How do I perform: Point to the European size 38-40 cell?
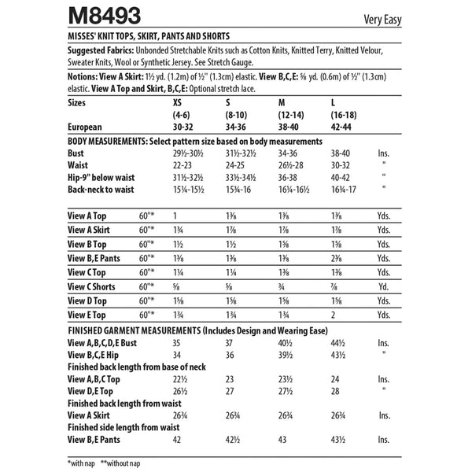(283, 126)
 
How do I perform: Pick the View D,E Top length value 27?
(229, 390)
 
